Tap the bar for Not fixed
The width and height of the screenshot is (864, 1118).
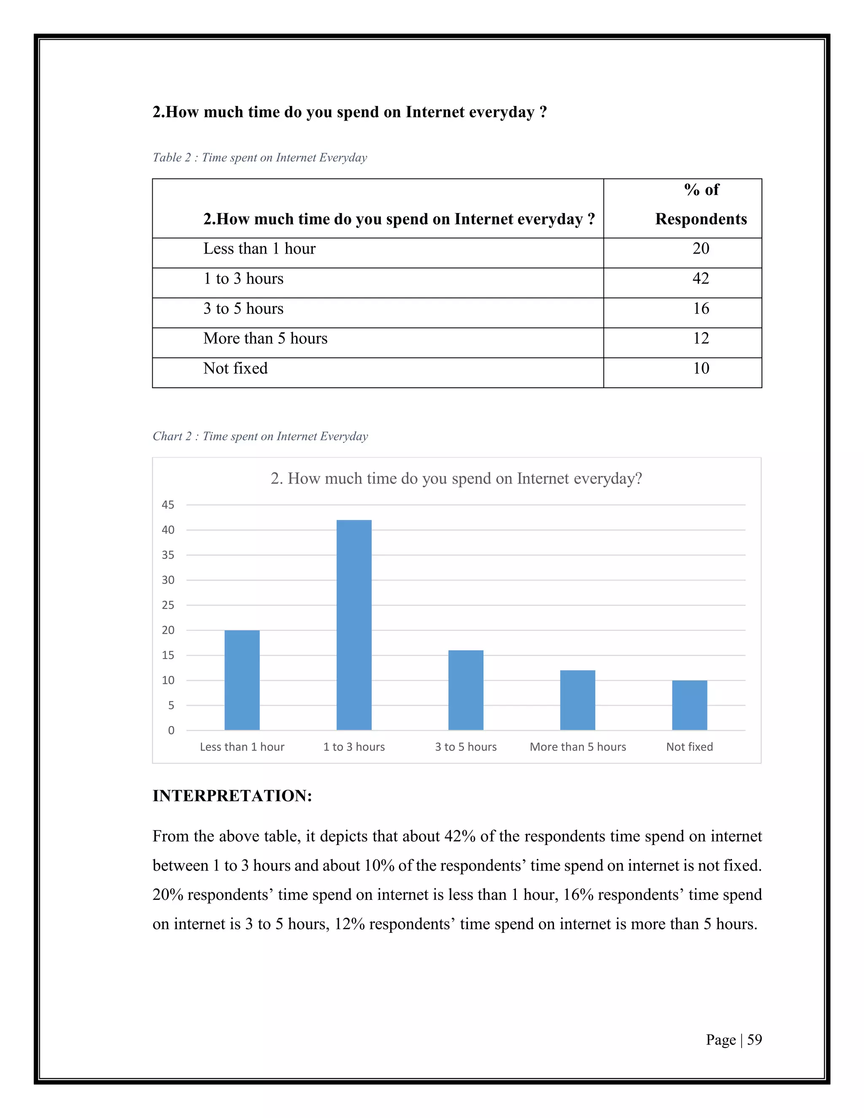coord(689,705)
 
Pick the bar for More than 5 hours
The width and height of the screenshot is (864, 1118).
coord(578,700)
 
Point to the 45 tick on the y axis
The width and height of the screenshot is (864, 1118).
coord(168,505)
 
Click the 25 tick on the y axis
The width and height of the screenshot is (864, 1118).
coord(168,605)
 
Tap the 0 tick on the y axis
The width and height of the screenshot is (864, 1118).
coord(171,730)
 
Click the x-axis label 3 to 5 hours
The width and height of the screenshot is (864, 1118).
coord(466,747)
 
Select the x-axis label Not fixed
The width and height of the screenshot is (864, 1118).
coord(689,747)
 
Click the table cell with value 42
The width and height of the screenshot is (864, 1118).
coord(701,278)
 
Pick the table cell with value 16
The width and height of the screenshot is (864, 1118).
coord(701,308)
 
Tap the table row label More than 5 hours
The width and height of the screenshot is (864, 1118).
coord(265,338)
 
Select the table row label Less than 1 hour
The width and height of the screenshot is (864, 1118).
coord(259,249)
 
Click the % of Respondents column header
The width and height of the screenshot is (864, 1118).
coord(701,205)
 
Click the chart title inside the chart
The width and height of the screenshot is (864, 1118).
coord(456,478)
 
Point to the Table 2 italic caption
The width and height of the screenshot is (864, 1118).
coord(259,158)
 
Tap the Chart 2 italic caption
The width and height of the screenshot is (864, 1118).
coord(260,436)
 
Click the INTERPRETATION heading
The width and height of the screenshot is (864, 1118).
coord(232,796)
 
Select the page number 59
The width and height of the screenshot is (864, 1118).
coord(754,1040)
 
